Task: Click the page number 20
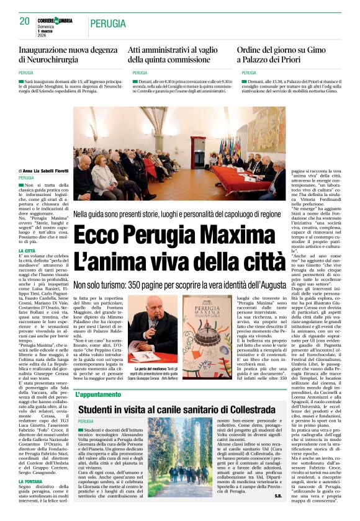tap(25, 21)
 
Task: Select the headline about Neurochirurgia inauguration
tap(68, 55)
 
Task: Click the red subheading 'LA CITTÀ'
tap(28, 251)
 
